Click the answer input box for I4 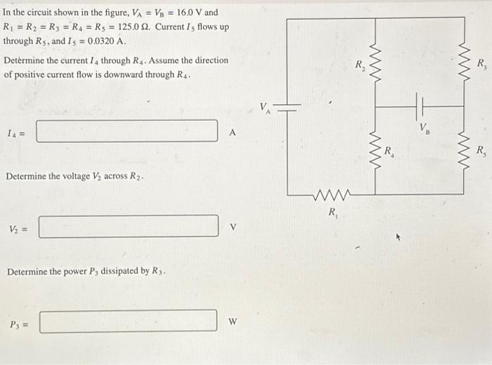click(x=127, y=131)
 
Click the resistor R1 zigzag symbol click(x=330, y=194)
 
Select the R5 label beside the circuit click(x=481, y=150)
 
